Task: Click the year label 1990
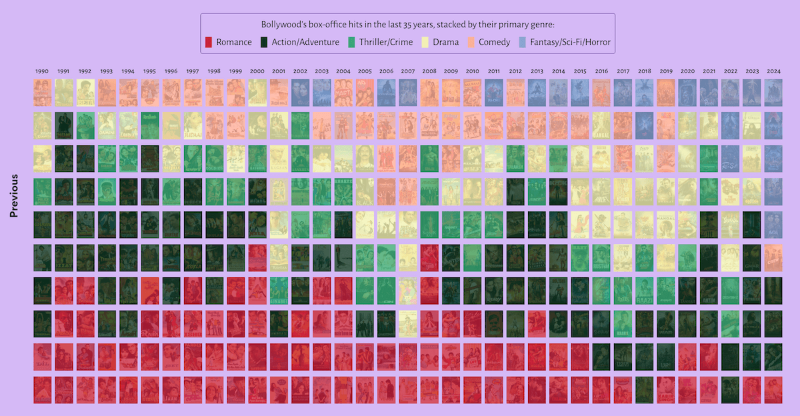click(42, 71)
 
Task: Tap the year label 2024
click(773, 71)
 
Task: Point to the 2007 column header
click(407, 71)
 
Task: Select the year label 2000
click(257, 71)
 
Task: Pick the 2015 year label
click(579, 71)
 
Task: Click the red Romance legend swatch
click(208, 42)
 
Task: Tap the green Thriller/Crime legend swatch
click(351, 42)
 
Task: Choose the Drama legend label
click(445, 42)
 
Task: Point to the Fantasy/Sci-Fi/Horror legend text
click(570, 42)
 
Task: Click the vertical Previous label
click(14, 196)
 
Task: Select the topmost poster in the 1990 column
click(42, 93)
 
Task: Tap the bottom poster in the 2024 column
click(773, 390)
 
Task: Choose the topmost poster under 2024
click(773, 93)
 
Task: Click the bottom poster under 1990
click(42, 390)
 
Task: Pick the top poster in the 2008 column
click(429, 93)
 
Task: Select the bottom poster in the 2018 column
click(644, 390)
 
